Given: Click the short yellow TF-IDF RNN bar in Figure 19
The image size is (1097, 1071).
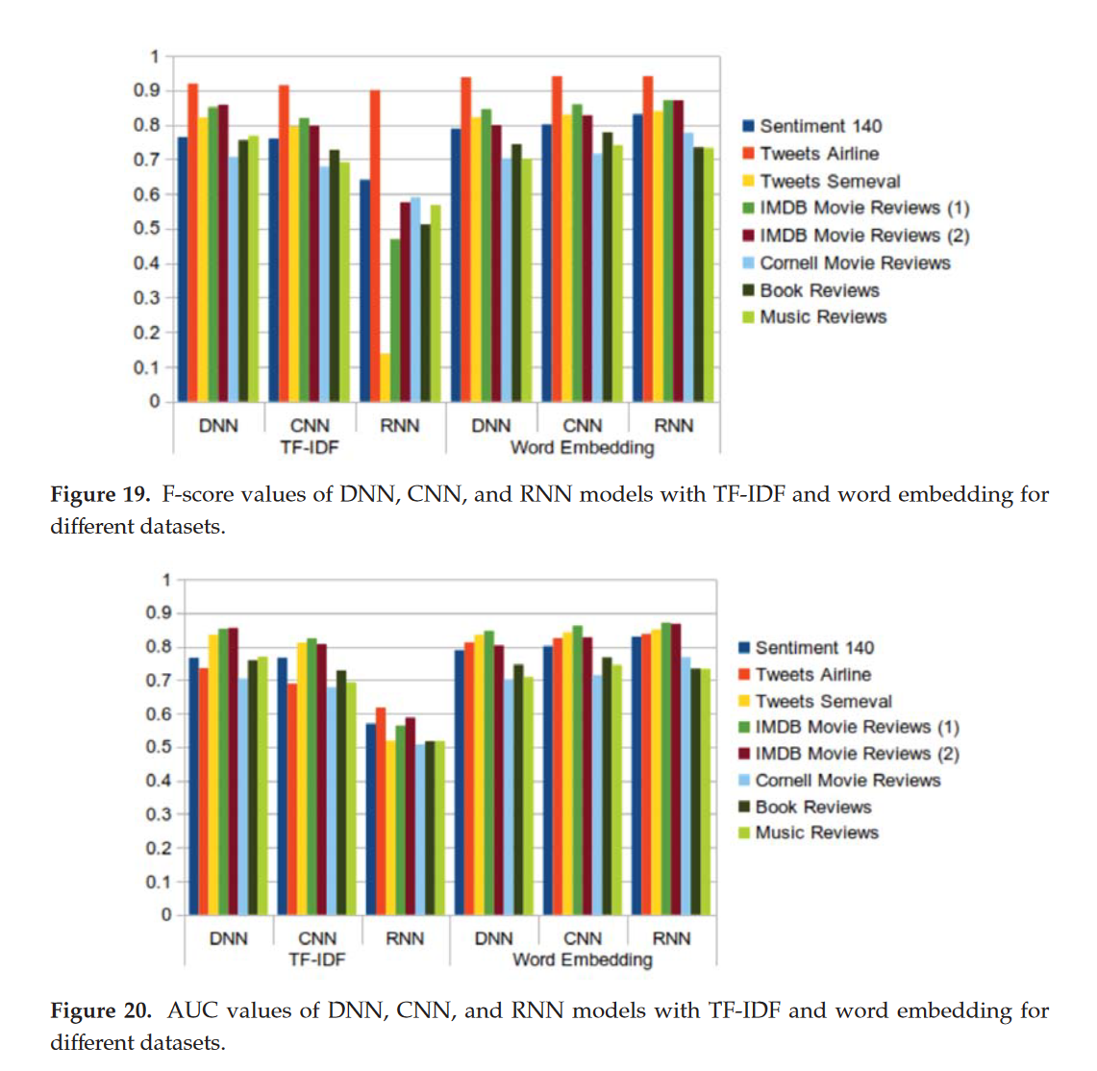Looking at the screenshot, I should (385, 378).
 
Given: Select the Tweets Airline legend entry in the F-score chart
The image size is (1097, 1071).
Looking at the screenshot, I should (818, 154).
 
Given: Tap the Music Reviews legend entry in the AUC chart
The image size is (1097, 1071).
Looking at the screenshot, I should (816, 833).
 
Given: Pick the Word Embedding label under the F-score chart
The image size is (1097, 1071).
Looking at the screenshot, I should (582, 447).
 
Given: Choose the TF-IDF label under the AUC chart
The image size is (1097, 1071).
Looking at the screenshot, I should (316, 959).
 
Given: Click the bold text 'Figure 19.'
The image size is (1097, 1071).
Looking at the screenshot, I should (100, 495).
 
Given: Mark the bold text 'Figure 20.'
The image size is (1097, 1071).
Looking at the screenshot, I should (100, 1011).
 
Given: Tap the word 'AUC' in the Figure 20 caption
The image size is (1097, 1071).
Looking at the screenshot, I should (190, 1011).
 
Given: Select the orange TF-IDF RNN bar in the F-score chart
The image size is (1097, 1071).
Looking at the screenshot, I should (375, 245).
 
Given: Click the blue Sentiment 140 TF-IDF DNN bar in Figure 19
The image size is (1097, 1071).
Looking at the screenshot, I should (183, 269).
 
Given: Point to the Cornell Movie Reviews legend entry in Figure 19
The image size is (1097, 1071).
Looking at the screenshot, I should (854, 263).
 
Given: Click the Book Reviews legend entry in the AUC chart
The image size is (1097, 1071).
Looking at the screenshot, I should (812, 807).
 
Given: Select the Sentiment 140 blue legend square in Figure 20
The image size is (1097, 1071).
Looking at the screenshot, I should (744, 648).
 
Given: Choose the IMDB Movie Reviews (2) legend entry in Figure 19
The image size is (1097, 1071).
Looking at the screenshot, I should (863, 236).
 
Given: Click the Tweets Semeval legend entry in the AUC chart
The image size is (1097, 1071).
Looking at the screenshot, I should (823, 702).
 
